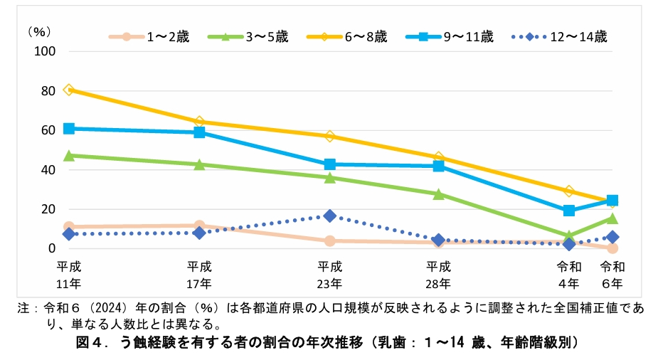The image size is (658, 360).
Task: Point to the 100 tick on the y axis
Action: pyautogui.click(x=45, y=51)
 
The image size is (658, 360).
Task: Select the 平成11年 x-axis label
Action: pyautogui.click(x=69, y=275)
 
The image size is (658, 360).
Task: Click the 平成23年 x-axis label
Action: pyautogui.click(x=330, y=275)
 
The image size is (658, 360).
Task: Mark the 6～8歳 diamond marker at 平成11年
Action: pyautogui.click(x=69, y=90)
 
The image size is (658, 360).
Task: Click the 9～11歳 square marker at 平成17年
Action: pyautogui.click(x=199, y=132)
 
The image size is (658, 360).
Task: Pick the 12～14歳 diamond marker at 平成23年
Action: pyautogui.click(x=330, y=216)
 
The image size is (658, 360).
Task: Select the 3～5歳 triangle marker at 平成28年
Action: pyautogui.click(x=438, y=194)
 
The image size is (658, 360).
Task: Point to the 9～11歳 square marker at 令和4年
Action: pyautogui.click(x=569, y=211)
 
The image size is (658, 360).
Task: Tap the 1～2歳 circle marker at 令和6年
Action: pyautogui.click(x=612, y=248)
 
